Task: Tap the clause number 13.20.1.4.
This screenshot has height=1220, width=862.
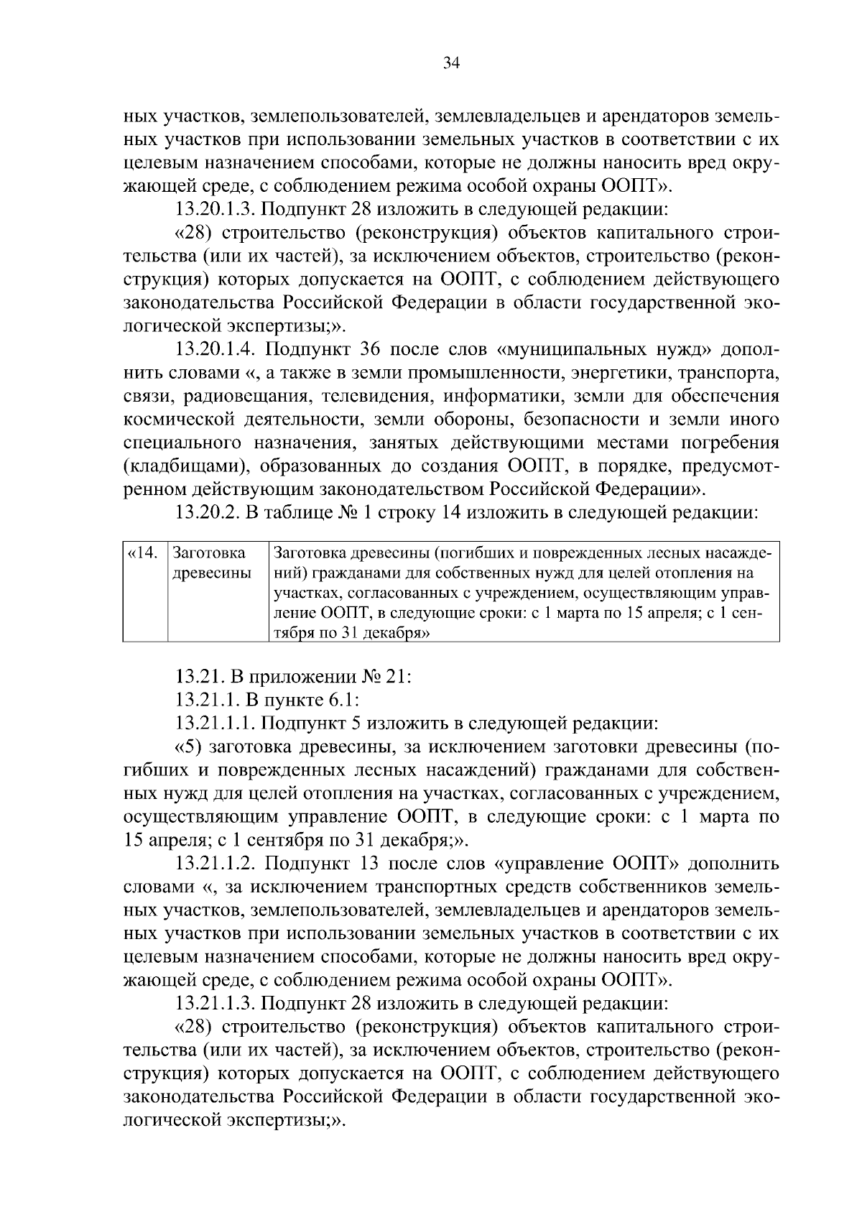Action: [218, 350]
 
